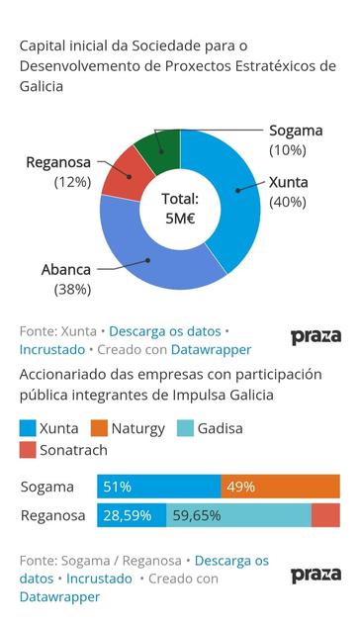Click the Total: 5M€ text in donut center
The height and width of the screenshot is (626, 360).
click(180, 209)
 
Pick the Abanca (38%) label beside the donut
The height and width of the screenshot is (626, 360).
click(66, 279)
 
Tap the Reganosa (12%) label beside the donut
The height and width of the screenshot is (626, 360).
click(58, 172)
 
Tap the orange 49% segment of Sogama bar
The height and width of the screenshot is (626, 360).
click(280, 487)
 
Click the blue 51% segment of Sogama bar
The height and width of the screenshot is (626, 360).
click(158, 487)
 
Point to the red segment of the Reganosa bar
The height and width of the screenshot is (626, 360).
click(325, 515)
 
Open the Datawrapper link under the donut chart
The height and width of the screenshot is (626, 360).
click(211, 349)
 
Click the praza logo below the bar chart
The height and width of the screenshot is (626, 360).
click(315, 575)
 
